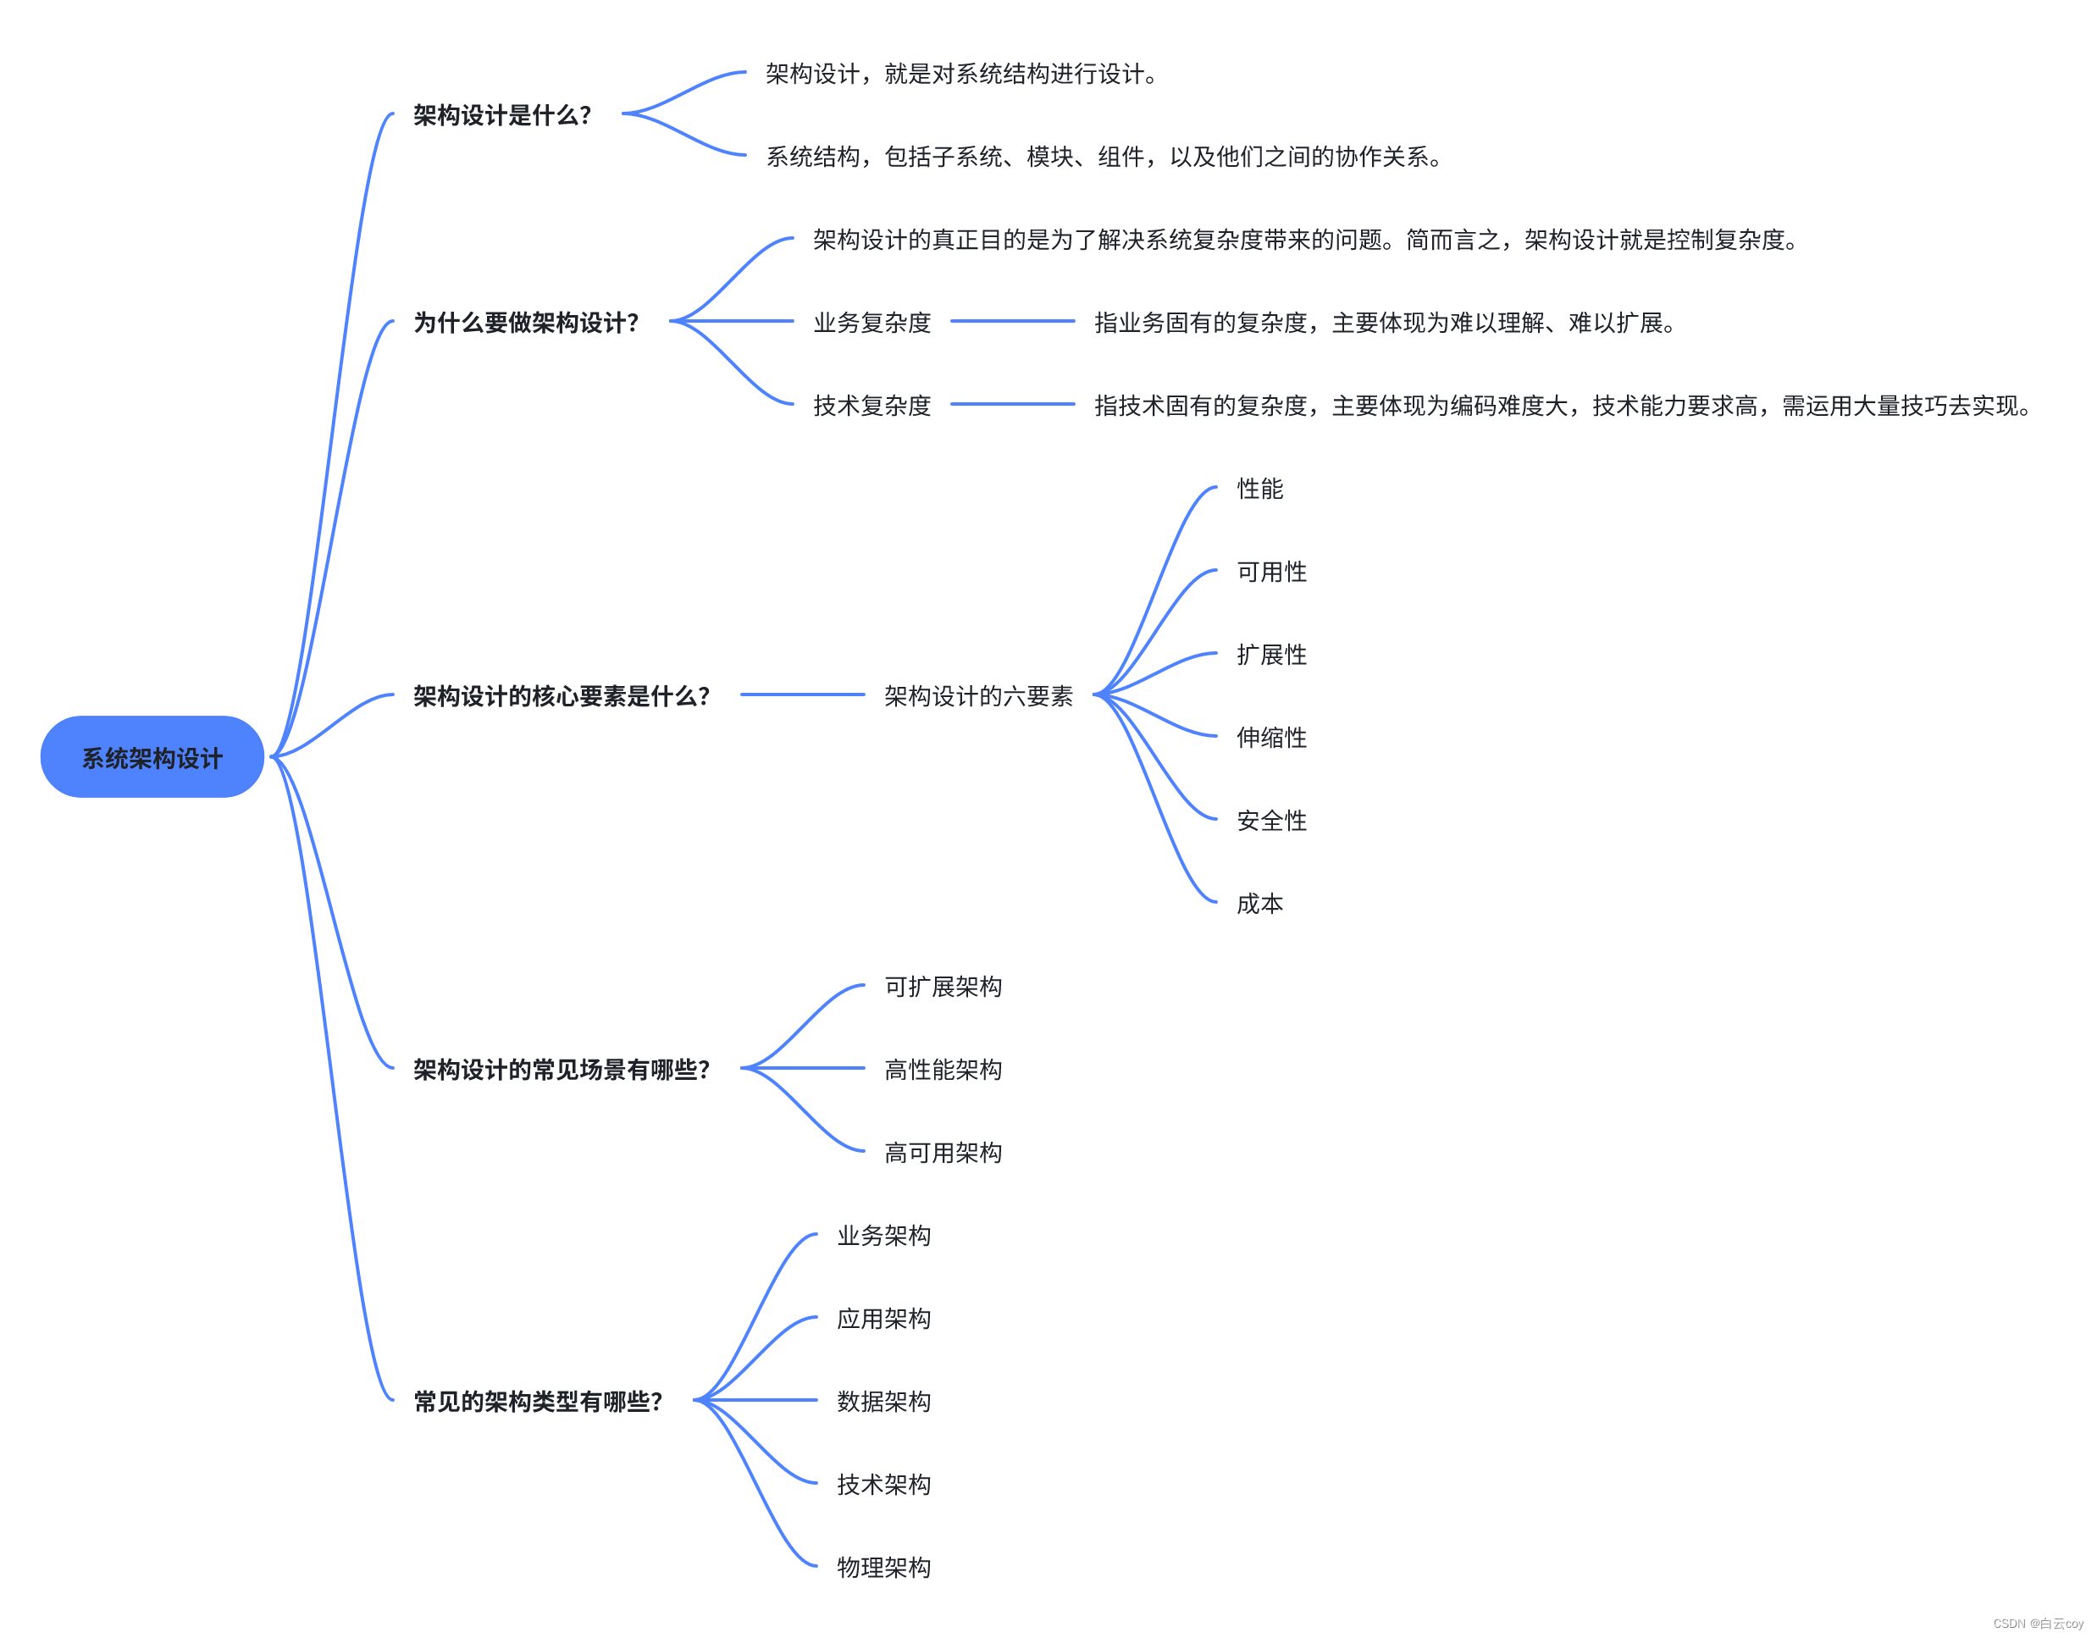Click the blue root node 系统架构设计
(x=152, y=756)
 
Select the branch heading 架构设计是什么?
(x=501, y=115)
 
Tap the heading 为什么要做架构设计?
(x=525, y=323)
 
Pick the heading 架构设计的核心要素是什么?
(x=561, y=695)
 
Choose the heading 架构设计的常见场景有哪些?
(x=561, y=1069)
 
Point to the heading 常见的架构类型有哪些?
(x=538, y=1401)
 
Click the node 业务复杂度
(x=871, y=323)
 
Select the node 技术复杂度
(x=871, y=405)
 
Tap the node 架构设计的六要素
(x=977, y=695)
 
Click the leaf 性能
(x=1259, y=489)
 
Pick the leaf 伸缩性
(x=1271, y=738)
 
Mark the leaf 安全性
(x=1271, y=820)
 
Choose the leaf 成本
(x=1259, y=904)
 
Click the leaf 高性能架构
(x=943, y=1069)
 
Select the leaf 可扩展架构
(x=943, y=986)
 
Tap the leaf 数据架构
(x=883, y=1401)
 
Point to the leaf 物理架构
(x=883, y=1567)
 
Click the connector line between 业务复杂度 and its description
(x=1012, y=321)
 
